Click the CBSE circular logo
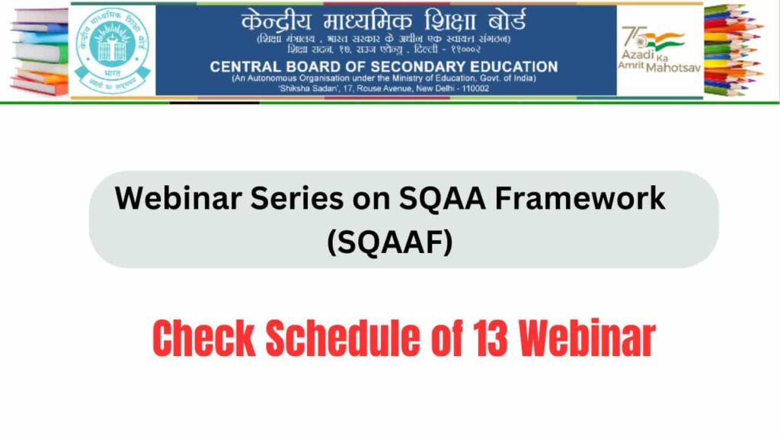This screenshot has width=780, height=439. coord(113,50)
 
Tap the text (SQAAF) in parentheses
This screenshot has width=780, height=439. coord(389,243)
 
